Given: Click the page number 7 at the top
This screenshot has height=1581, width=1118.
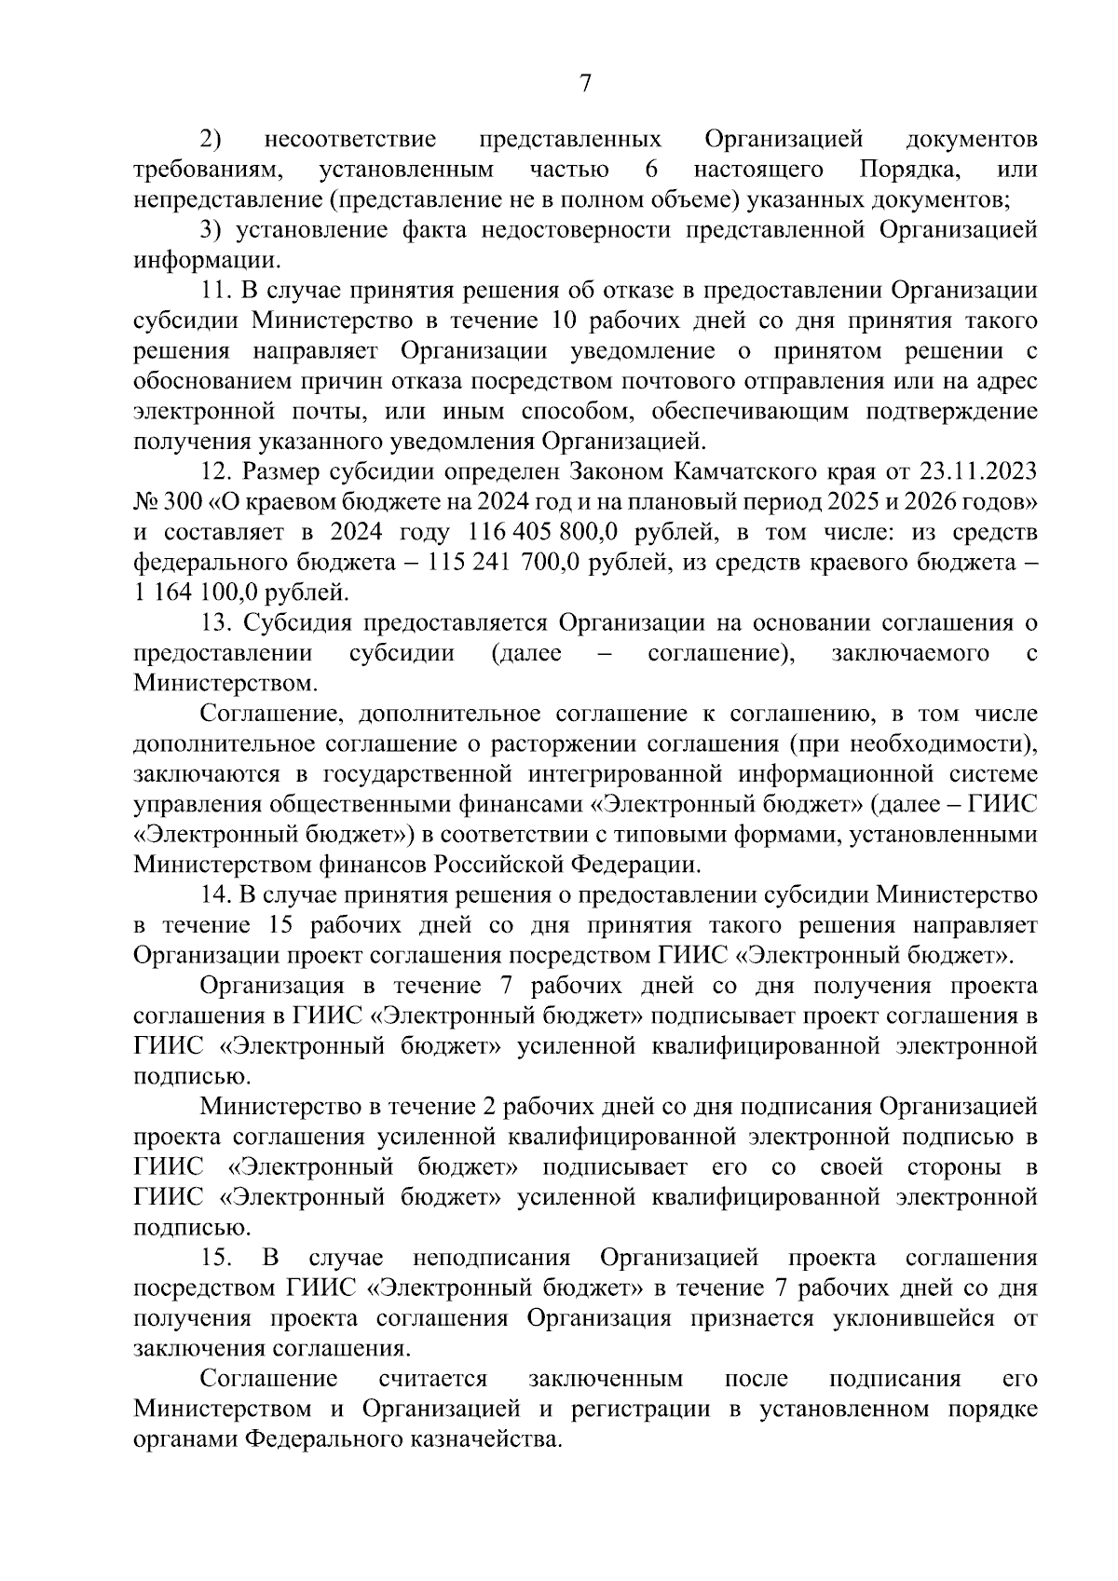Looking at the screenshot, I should [585, 84].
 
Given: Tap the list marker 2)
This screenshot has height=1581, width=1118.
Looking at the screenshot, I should [211, 140].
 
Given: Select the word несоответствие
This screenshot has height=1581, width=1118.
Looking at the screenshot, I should [350, 140].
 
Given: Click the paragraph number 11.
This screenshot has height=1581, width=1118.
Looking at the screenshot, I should [215, 291].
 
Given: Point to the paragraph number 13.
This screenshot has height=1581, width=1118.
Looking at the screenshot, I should [215, 622].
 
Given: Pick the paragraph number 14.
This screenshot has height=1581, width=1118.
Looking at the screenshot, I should [215, 895].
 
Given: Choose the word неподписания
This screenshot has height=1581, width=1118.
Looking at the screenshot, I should [491, 1259].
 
